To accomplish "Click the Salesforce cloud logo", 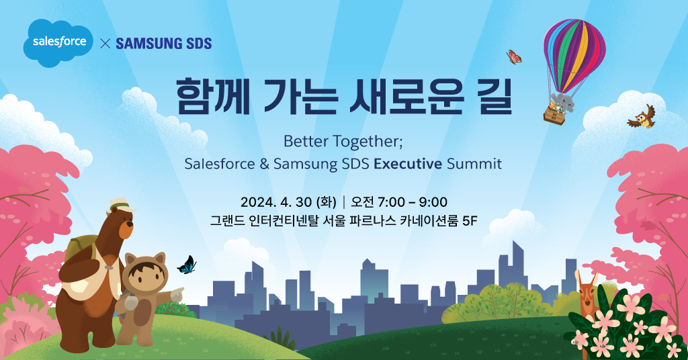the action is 58,42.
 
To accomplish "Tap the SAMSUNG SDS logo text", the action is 164,44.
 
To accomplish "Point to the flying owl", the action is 642,117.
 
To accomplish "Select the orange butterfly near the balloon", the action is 513,56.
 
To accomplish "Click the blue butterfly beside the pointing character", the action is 187,265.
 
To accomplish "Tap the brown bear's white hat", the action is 122,205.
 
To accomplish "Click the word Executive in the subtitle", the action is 408,164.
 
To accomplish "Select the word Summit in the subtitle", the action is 474,164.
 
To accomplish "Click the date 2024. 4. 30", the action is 276,202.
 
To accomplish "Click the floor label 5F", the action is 470,220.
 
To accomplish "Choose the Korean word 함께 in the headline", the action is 213,97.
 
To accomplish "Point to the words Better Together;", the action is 343,142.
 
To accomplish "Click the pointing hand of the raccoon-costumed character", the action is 177,294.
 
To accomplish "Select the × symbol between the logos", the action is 105,44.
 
